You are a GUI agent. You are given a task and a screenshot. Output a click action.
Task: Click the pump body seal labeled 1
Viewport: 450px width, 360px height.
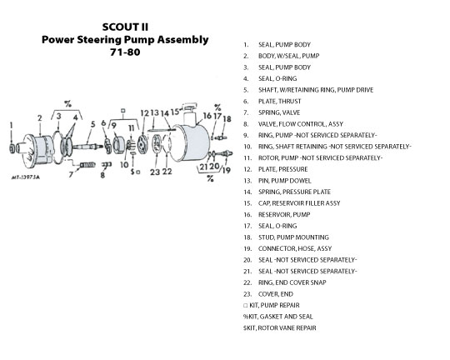pyautogui.click(x=12, y=148)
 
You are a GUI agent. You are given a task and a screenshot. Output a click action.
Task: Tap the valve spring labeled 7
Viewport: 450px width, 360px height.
pyautogui.click(x=87, y=165)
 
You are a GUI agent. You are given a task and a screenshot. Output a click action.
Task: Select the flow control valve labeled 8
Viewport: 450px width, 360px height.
pyautogui.click(x=107, y=164)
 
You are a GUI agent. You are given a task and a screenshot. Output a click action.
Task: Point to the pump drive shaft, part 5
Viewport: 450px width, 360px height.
pyautogui.click(x=87, y=147)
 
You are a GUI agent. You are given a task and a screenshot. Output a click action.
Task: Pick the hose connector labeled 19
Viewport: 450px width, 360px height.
pyautogui.click(x=224, y=153)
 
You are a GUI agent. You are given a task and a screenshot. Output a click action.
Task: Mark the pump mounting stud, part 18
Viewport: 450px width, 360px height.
pyautogui.click(x=221, y=137)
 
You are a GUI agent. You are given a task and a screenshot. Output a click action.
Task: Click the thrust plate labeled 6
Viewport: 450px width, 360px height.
pyautogui.click(x=107, y=145)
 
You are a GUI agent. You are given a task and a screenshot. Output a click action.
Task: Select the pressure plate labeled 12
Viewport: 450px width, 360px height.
pyautogui.click(x=142, y=144)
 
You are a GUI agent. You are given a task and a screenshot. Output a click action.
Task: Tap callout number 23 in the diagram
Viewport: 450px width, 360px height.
pyautogui.click(x=155, y=172)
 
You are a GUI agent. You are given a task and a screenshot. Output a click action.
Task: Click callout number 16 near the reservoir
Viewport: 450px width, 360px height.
pyautogui.click(x=207, y=116)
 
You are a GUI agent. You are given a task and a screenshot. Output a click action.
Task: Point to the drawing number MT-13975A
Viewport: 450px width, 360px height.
pyautogui.click(x=26, y=177)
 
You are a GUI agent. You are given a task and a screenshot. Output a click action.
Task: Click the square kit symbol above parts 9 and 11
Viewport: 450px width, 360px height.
pyautogui.click(x=123, y=110)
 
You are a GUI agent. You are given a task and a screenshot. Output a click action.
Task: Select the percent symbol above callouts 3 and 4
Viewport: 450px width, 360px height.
pyautogui.click(x=67, y=103)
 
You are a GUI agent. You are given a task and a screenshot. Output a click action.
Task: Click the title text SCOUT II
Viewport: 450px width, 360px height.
pyautogui.click(x=125, y=27)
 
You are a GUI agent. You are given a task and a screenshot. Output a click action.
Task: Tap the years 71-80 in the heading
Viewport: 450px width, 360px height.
pyautogui.click(x=125, y=52)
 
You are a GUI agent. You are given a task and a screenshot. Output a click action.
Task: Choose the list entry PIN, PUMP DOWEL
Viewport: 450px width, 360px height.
pyautogui.click(x=284, y=181)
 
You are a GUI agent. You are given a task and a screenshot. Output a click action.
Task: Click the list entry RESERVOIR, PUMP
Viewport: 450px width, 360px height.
pyautogui.click(x=284, y=214)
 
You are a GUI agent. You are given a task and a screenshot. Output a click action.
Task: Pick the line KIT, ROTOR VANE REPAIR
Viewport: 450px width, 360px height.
pyautogui.click(x=279, y=327)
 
